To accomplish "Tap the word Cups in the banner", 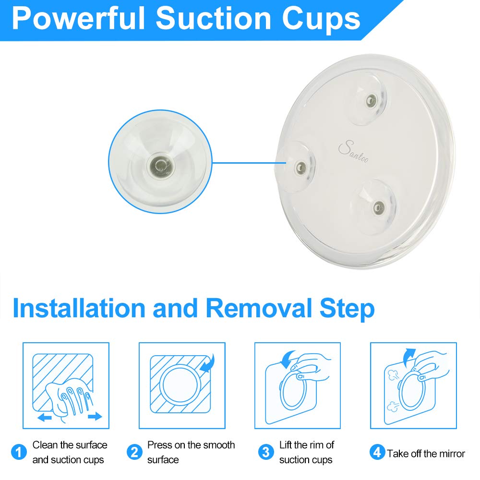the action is click(321, 19).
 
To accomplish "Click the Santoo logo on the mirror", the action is click(353, 151).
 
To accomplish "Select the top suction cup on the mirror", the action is click(368, 99).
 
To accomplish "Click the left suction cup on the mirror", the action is click(298, 167).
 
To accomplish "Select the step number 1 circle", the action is click(19, 452).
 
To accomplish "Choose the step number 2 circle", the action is click(134, 452).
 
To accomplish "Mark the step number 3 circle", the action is click(266, 452).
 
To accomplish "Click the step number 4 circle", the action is click(377, 452).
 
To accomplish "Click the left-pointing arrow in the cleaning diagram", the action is click(45, 417).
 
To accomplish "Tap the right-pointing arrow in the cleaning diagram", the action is click(95, 416).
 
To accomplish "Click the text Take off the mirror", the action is click(426, 454).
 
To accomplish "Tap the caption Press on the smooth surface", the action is click(191, 452).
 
